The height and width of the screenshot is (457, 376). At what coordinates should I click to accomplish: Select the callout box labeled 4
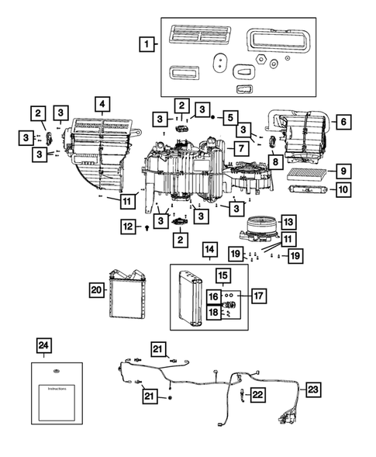[101, 104]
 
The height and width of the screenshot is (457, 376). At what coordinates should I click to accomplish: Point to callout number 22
[257, 395]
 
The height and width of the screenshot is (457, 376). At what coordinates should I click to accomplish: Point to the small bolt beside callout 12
[147, 228]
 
